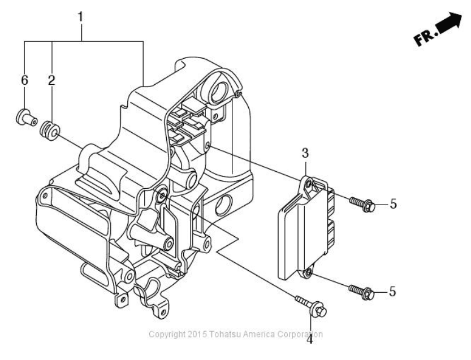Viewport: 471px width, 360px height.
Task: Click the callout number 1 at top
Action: [81, 16]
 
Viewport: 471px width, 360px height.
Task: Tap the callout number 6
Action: [24, 80]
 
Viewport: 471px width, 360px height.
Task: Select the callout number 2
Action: [51, 80]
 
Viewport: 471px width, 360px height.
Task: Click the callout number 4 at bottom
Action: [310, 339]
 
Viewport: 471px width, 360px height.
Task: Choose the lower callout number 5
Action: [393, 292]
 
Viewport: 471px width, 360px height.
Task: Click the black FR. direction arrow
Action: [449, 29]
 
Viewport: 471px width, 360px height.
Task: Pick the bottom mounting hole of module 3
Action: [308, 274]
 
